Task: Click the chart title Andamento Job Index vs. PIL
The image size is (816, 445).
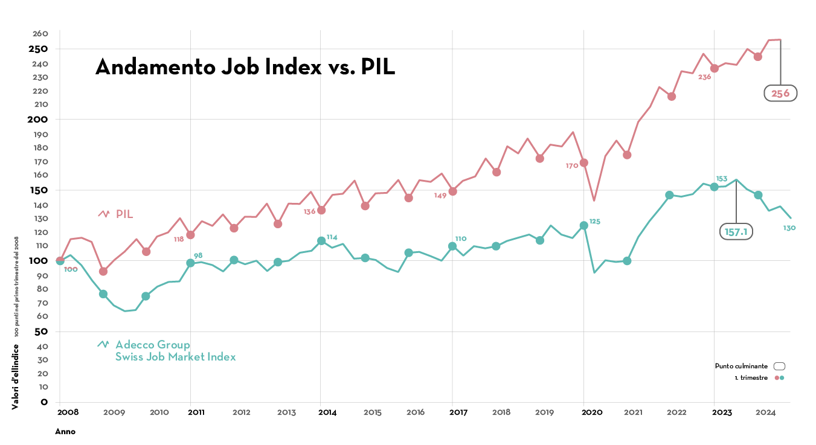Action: (x=245, y=67)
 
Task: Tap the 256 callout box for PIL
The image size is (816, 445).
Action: (x=780, y=93)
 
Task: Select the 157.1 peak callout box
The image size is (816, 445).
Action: (x=736, y=232)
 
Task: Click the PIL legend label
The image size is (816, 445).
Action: (x=124, y=214)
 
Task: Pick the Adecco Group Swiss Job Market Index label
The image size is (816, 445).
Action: (x=175, y=351)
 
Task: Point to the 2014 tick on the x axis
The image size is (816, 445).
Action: (x=327, y=412)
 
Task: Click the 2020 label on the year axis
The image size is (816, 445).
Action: (x=592, y=412)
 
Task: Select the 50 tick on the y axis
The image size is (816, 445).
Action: (x=40, y=331)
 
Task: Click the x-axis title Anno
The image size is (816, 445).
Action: (x=65, y=432)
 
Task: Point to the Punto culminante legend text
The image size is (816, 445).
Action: (x=741, y=366)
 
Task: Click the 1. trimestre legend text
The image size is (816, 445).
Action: (x=751, y=377)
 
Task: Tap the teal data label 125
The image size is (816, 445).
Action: (x=595, y=222)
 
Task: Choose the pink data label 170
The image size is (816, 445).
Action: (x=572, y=166)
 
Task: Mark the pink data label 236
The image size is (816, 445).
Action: (x=704, y=77)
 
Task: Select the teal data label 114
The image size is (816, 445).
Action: (x=332, y=237)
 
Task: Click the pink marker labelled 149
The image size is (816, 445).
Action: (x=452, y=191)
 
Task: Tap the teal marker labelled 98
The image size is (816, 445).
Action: (x=191, y=263)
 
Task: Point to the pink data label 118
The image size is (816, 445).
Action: (x=179, y=239)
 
